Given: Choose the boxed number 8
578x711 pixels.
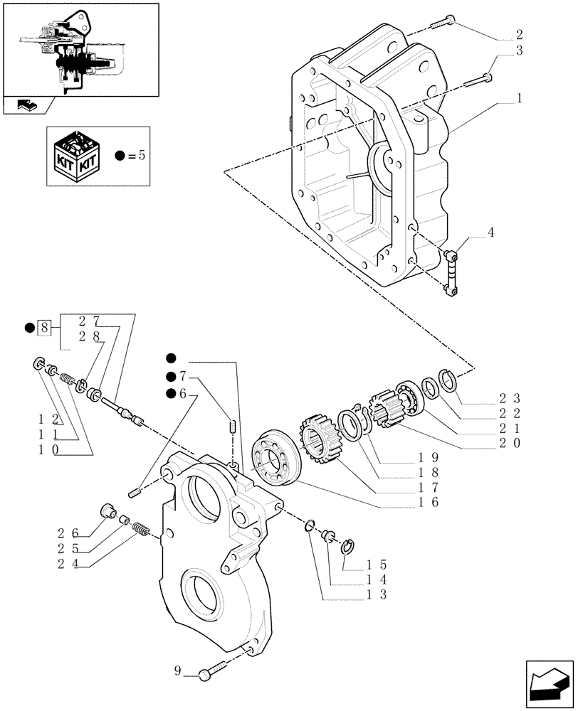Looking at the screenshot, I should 46,328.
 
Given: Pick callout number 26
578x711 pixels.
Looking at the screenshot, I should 73,530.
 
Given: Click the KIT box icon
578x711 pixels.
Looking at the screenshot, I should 79,154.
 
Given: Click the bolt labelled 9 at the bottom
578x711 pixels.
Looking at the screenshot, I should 211,669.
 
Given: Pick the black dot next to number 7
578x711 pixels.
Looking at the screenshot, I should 171,376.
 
